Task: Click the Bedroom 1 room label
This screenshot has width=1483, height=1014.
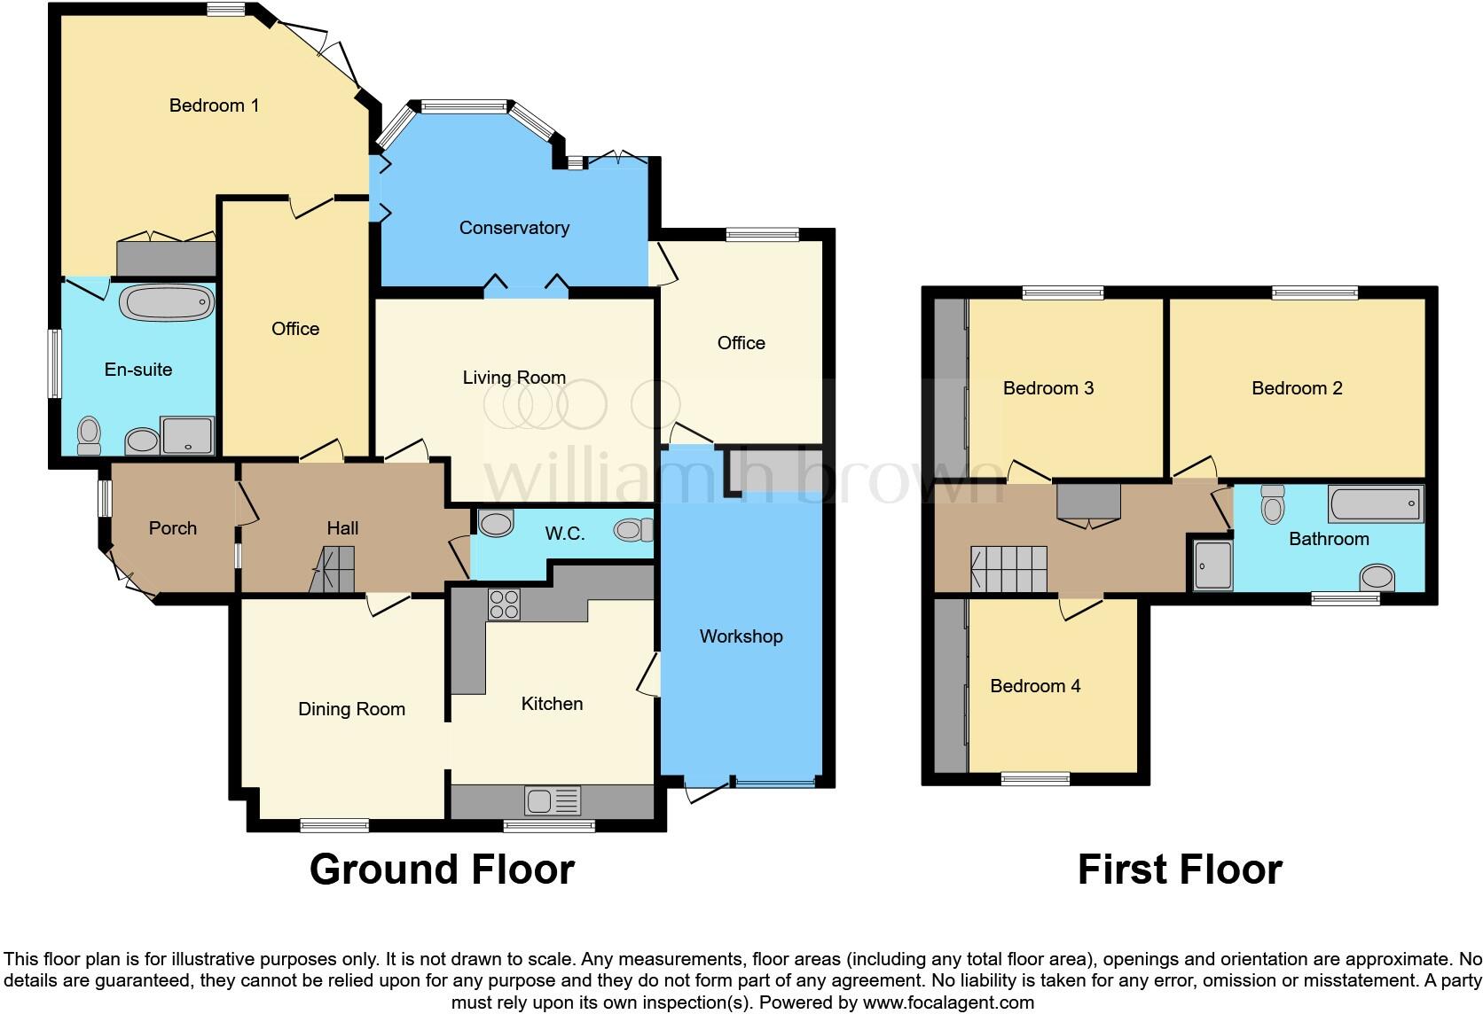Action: [x=214, y=105]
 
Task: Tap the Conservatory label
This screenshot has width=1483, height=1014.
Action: [x=514, y=228]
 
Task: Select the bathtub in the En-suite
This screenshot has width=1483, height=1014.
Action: [x=168, y=303]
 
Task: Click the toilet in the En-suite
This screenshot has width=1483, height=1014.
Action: [x=89, y=435]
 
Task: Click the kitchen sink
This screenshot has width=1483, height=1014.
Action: [x=552, y=800]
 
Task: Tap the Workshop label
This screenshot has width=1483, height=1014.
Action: [x=741, y=636]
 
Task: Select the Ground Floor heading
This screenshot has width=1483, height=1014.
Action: [x=442, y=870]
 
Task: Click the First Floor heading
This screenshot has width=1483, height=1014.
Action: [x=1180, y=870]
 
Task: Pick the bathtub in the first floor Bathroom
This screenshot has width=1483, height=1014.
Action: [x=1375, y=503]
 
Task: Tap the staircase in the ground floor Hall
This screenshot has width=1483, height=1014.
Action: [x=333, y=569]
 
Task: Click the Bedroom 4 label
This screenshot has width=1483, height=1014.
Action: [x=1035, y=686]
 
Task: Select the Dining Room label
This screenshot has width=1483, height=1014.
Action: [x=351, y=709]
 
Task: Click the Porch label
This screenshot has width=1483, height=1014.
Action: [x=172, y=528]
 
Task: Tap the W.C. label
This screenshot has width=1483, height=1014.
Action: [x=565, y=534]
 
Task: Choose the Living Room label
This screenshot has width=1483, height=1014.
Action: [x=514, y=378]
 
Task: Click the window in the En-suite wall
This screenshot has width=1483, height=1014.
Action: [x=55, y=363]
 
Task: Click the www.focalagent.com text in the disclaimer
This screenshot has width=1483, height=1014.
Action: [x=948, y=1003]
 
